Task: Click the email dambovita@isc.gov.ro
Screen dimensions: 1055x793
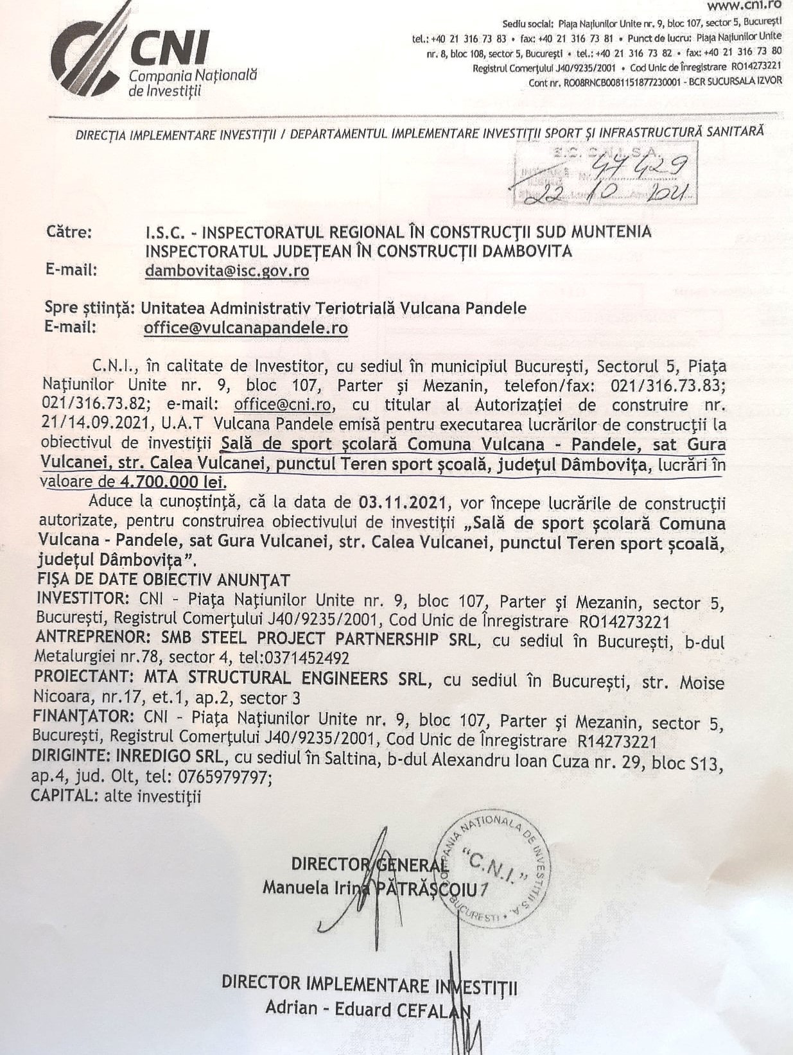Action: [x=227, y=270]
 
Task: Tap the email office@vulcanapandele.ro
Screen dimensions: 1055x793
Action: [x=245, y=328]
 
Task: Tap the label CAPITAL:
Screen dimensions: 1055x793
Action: [x=62, y=796]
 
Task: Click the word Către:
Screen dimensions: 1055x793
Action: [x=69, y=232]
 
